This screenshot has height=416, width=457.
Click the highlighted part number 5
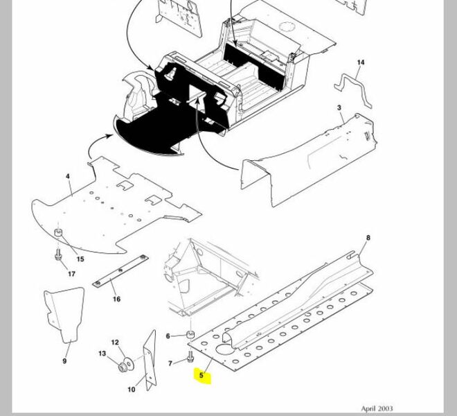pyautogui.click(x=202, y=376)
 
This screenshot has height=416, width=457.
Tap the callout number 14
pyautogui.click(x=360, y=63)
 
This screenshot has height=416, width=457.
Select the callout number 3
pyautogui.click(x=339, y=108)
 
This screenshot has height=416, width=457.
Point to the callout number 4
pyautogui.click(x=68, y=177)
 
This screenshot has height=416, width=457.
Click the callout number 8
pyautogui.click(x=368, y=239)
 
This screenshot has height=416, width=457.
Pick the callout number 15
pyautogui.click(x=80, y=259)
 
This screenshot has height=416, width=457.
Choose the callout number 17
pyautogui.click(x=71, y=274)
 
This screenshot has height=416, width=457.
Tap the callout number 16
pyautogui.click(x=116, y=300)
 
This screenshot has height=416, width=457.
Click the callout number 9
pyautogui.click(x=64, y=361)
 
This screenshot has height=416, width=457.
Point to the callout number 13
pyautogui.click(x=102, y=354)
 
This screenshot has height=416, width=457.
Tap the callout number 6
pyautogui.click(x=168, y=336)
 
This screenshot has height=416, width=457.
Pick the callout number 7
pyautogui.click(x=171, y=363)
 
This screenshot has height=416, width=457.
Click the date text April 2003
pyautogui.click(x=377, y=409)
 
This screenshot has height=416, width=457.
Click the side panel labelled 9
pyautogui.click(x=64, y=315)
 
